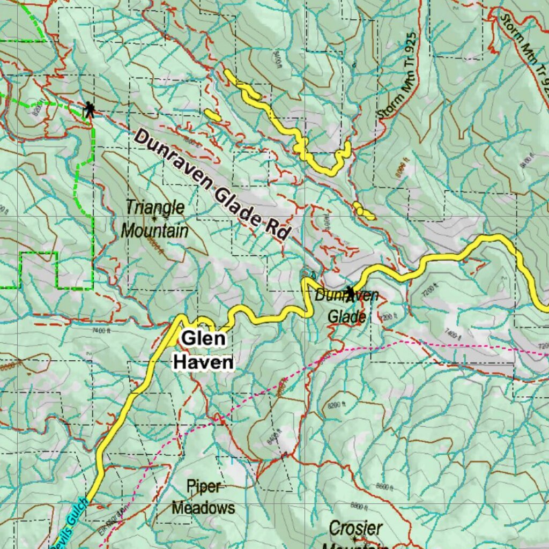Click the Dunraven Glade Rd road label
212,185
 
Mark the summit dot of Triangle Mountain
154,219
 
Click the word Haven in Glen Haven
203,362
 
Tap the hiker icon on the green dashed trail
90,110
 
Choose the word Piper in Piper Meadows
203,486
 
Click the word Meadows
203,507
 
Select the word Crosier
355,528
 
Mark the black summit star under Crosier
354,538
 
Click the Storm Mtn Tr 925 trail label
396,75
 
